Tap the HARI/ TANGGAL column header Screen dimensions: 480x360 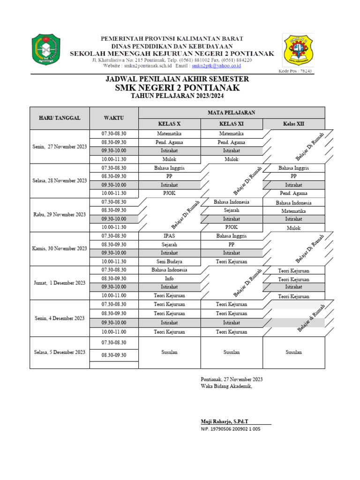tap(60, 118)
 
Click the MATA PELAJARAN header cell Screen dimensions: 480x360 tap(232, 112)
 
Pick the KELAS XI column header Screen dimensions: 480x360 tap(232, 124)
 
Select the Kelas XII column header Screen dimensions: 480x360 tap(293, 124)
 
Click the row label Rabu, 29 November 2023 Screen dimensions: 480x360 tap(60, 214)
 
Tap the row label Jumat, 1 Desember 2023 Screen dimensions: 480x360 tap(60, 283)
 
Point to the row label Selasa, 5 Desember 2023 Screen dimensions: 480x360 tap(60, 352)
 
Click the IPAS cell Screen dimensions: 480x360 tap(169, 236)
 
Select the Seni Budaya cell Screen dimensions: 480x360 tap(169, 262)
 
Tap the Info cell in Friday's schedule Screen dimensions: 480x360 tap(169, 278)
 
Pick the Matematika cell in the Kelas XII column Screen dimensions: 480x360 tap(293, 211)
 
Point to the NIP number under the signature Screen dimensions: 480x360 tap(230, 429)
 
